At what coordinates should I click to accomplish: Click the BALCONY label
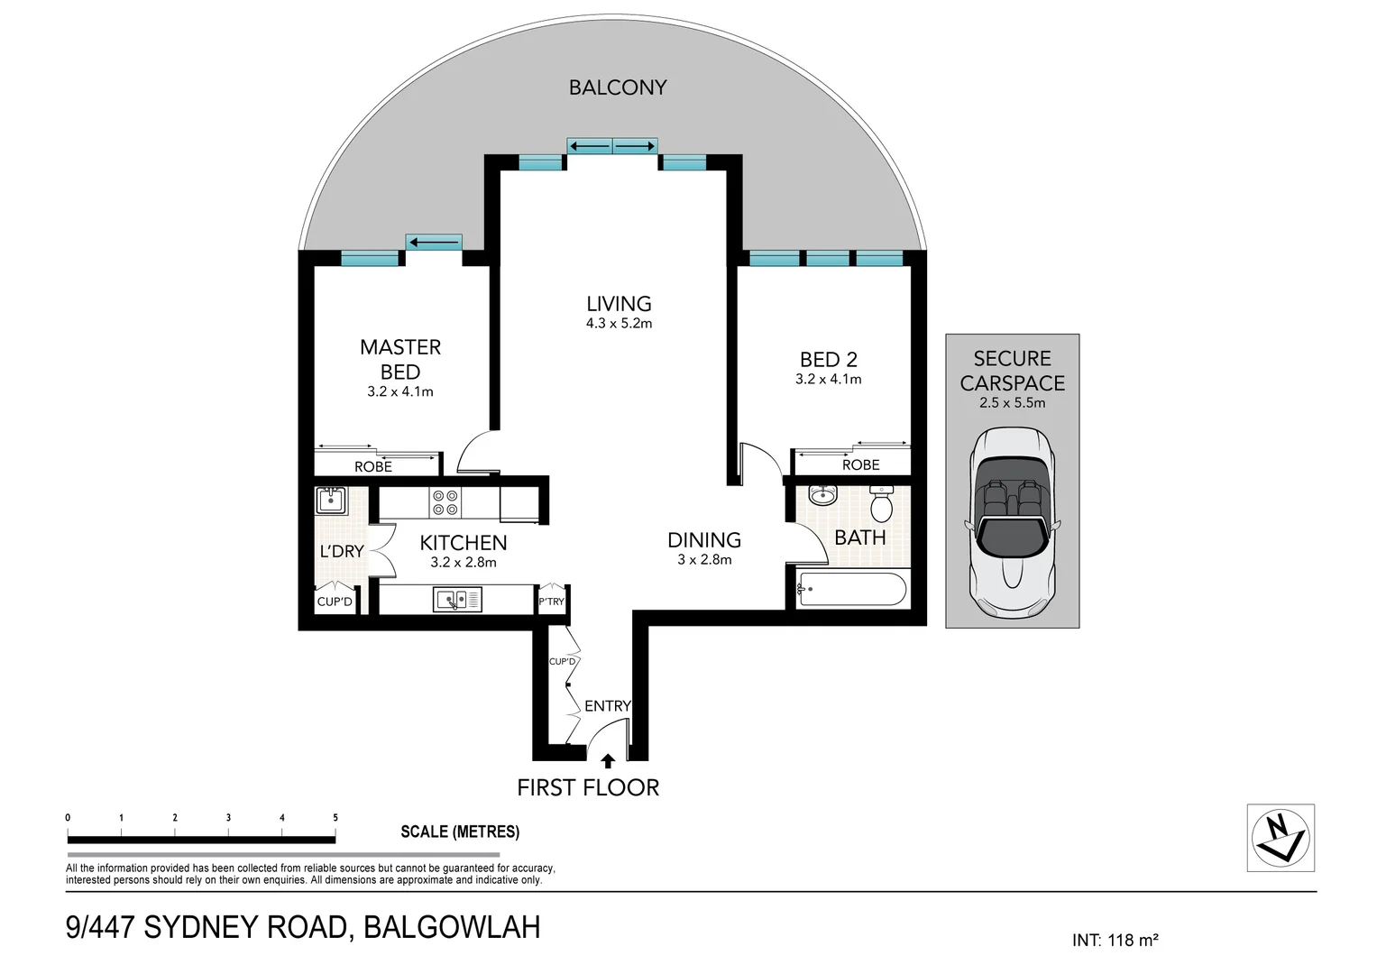pos(617,87)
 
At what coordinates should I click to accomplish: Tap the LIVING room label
pos(619,304)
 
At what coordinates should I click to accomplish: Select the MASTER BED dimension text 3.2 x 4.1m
pos(400,391)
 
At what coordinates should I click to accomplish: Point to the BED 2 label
pos(828,359)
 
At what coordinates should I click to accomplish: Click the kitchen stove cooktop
pos(445,502)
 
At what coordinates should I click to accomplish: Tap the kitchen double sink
pos(457,599)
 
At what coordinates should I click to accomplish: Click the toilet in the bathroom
pos(882,502)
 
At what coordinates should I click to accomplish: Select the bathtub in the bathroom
pos(851,589)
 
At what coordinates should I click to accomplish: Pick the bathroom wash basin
pos(822,494)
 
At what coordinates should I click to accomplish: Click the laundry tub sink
pos(331,501)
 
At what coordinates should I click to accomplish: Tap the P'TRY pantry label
pos(551,602)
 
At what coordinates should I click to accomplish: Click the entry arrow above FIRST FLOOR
pos(608,761)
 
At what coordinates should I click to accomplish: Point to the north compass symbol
pos(1281,838)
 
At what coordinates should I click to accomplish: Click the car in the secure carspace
pos(1012,523)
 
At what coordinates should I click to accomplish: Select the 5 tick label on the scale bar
pos(335,818)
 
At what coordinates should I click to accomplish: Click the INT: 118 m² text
pos(1115,940)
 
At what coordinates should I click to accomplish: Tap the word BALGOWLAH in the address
pos(452,927)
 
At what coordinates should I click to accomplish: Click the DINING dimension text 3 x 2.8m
pos(704,560)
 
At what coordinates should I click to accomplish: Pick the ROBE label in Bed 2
pos(860,464)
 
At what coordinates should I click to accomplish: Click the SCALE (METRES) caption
pos(460,832)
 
